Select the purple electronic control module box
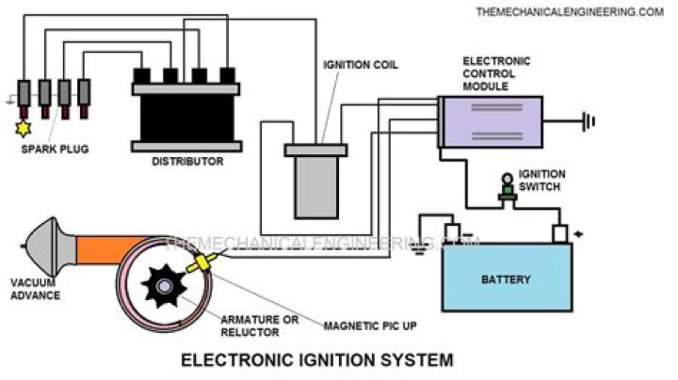tap(491, 121)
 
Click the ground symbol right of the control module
tap(589, 120)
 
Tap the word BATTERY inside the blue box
tap(507, 279)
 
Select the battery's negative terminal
tap(452, 232)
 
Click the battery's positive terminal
tap(559, 232)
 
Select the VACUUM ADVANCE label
tap(35, 289)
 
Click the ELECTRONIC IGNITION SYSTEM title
tap(316, 359)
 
